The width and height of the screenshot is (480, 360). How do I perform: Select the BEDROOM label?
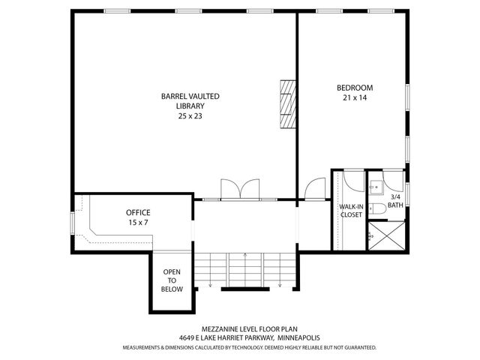click(354, 88)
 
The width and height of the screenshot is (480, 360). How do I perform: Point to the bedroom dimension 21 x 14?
click(354, 98)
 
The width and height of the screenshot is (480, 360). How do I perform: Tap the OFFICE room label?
click(138, 212)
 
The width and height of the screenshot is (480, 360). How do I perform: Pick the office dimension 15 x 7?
click(138, 223)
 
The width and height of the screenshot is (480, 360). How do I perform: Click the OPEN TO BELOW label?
click(172, 280)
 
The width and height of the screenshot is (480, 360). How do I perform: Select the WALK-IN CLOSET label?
click(351, 210)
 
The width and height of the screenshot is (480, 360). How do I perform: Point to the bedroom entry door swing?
click(316, 189)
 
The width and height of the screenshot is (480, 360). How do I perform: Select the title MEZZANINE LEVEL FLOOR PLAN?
click(239, 328)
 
